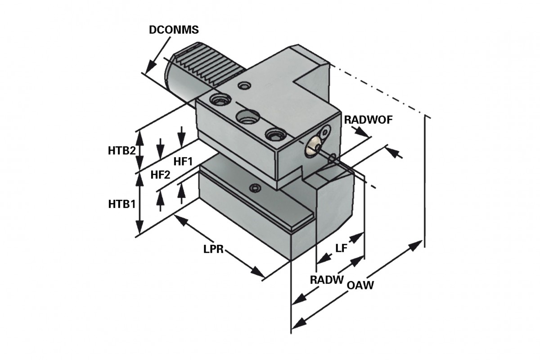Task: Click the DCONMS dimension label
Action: coord(173,30)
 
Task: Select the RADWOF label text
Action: coord(369,120)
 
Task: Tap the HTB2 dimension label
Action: coord(121,151)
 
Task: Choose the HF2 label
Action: coord(160,175)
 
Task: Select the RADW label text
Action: coord(326,279)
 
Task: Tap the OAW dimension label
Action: coord(361,285)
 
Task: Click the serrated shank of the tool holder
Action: coord(207,67)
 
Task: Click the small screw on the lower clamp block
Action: coord(256,187)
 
